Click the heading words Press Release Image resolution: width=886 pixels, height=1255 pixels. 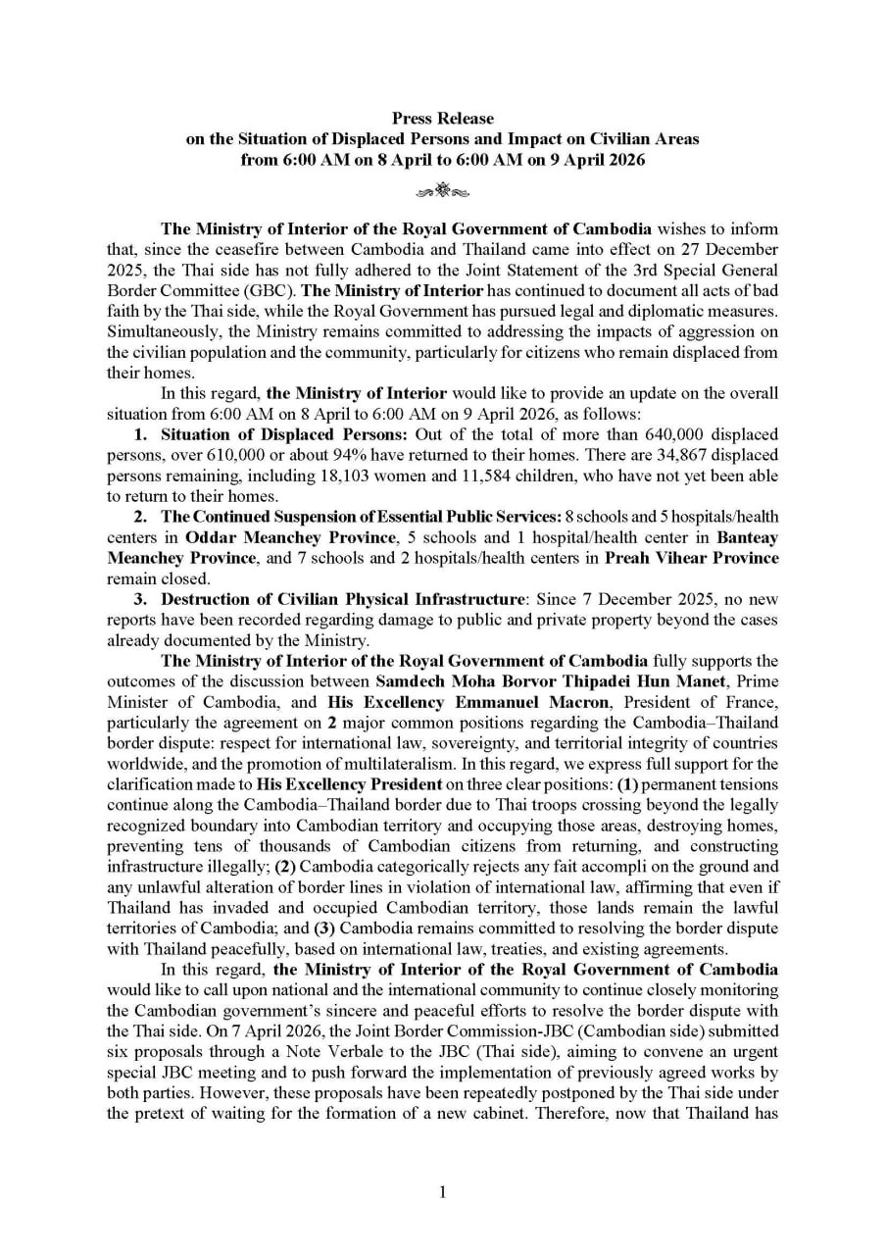443,119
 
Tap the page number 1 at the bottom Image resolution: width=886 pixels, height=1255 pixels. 443,1191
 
